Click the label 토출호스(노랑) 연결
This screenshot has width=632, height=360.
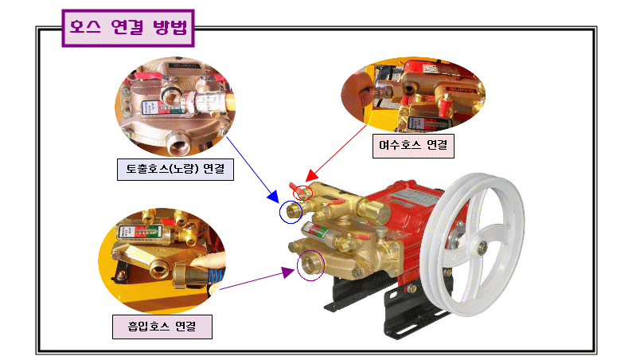175,170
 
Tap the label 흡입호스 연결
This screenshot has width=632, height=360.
162,326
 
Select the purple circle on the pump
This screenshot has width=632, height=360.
310,265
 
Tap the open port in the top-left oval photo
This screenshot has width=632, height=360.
176,147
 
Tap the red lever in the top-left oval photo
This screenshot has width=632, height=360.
149,78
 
